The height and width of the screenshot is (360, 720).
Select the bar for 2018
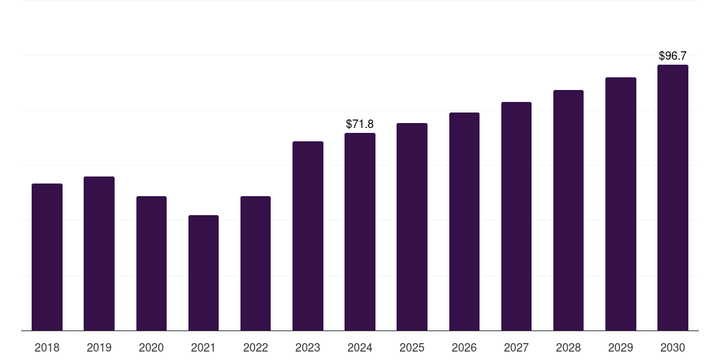tap(47, 257)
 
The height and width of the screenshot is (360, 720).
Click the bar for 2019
tap(99, 253)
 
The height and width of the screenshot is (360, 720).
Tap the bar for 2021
tap(203, 273)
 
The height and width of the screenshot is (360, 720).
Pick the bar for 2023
tap(308, 236)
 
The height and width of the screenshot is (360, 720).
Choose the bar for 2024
tap(360, 232)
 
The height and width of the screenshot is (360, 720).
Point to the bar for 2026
tap(464, 221)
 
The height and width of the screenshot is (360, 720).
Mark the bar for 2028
tap(568, 210)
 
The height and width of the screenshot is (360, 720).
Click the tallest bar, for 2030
tap(673, 198)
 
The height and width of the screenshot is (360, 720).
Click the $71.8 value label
tap(360, 124)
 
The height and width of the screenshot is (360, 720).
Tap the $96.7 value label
tap(673, 56)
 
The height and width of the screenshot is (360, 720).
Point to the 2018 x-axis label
tap(47, 347)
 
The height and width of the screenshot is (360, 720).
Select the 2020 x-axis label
tap(151, 347)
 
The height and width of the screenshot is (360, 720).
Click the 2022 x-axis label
tap(255, 347)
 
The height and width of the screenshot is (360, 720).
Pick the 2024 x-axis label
tap(360, 347)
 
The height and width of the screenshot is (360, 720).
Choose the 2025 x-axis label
tap(412, 347)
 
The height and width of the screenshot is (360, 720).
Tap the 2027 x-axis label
tap(516, 347)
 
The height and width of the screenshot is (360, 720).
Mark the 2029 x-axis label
tap(620, 347)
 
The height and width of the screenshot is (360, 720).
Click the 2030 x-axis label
tap(673, 347)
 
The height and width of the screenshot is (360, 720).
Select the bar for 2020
tap(152, 264)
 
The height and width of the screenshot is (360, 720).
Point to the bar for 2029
tap(621, 204)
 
